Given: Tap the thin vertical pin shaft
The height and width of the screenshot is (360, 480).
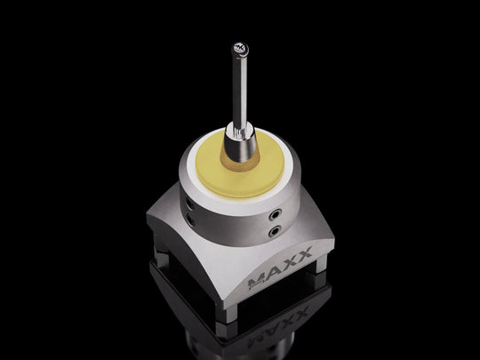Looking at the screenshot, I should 237,89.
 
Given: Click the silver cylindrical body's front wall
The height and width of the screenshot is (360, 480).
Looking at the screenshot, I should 236,218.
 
